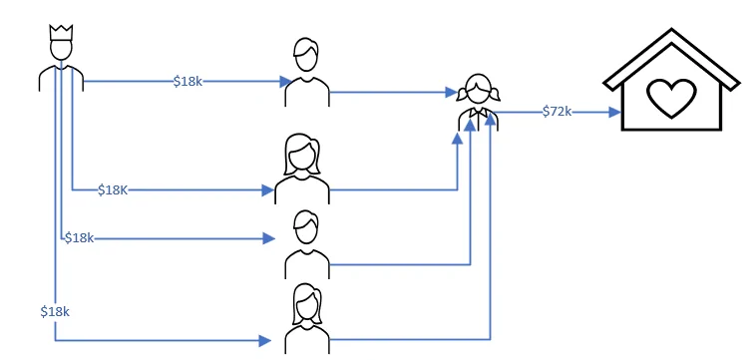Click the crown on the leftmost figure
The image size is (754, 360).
61,33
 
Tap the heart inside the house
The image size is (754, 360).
671,98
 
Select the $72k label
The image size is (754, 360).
557,112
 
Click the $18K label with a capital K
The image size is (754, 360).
113,189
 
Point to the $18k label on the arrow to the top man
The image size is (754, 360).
188,81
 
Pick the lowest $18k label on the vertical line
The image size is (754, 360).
55,311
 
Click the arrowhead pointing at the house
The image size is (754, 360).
615,113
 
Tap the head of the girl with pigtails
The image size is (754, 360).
479,90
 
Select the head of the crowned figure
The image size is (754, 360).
61,49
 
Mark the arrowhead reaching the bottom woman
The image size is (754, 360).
265,341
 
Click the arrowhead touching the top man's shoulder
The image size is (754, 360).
285,81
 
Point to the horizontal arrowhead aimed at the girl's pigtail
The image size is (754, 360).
451,92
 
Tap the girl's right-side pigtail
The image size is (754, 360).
494,94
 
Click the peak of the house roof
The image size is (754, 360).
671,29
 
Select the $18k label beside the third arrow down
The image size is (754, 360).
80,237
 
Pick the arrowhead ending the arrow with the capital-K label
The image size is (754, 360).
268,189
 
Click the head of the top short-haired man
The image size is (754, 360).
306,54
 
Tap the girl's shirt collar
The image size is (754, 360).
479,113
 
